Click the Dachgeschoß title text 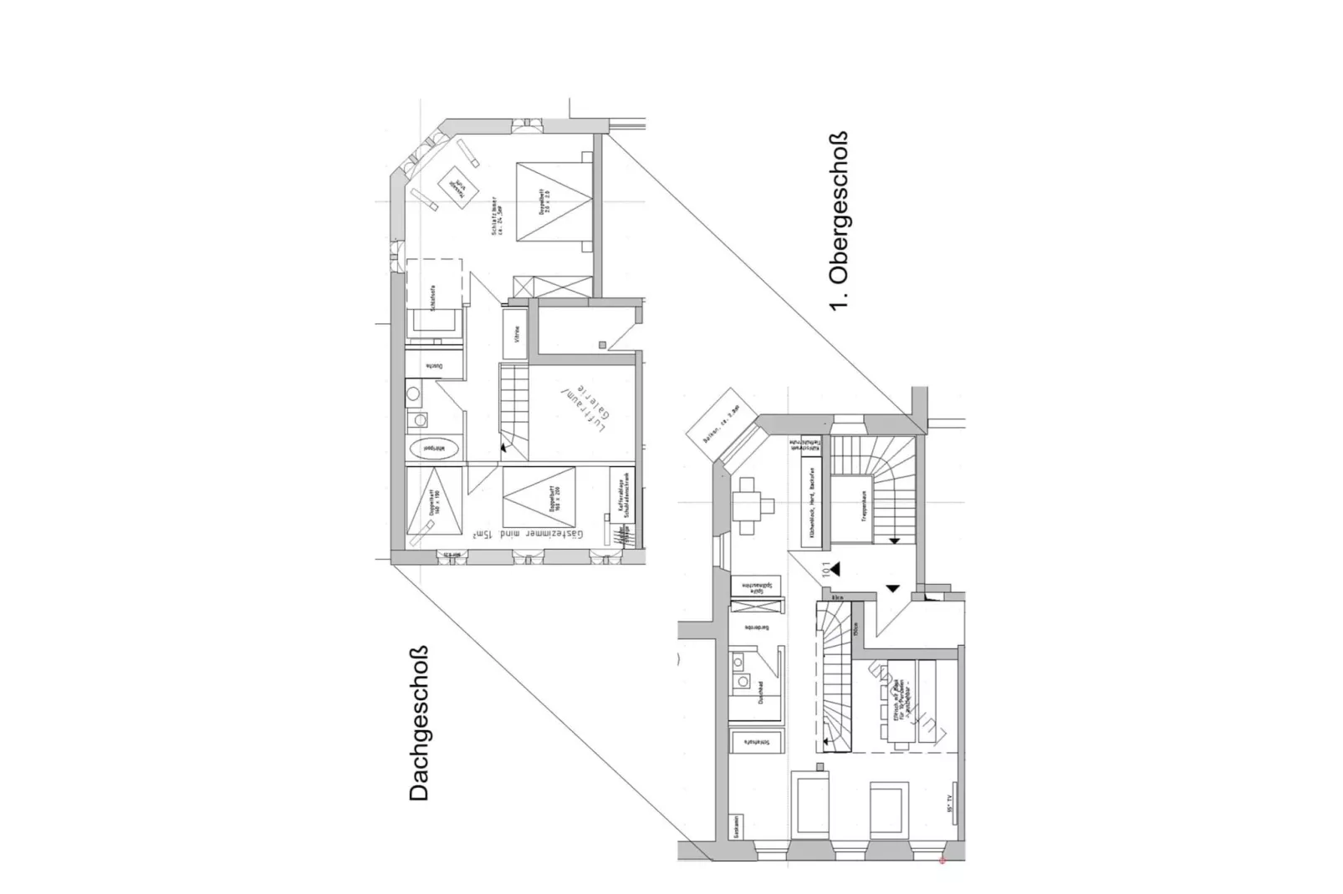[x=419, y=724]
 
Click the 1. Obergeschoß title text [x=838, y=221]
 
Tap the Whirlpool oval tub [x=434, y=448]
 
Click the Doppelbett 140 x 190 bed [x=434, y=500]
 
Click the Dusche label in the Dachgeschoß [x=434, y=365]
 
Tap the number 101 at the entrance [x=826, y=570]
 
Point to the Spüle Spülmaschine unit [x=756, y=586]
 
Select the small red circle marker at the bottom [x=942, y=860]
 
